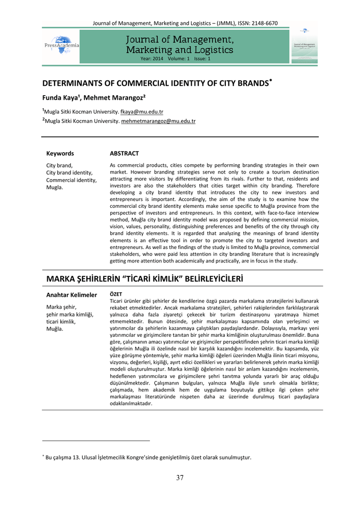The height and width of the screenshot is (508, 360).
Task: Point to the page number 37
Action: tap(180, 478)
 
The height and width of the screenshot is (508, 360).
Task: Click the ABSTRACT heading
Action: tap(124, 153)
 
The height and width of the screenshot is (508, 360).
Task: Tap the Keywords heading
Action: tap(60, 153)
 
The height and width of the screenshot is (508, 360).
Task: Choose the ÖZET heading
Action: tap(115, 294)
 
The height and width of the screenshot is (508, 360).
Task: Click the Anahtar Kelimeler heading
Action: tap(72, 295)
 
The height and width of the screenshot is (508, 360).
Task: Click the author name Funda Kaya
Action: tap(58, 98)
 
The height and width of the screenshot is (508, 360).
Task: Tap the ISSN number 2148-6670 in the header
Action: tap(261, 23)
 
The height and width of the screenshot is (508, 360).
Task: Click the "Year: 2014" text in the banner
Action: tap(152, 59)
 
